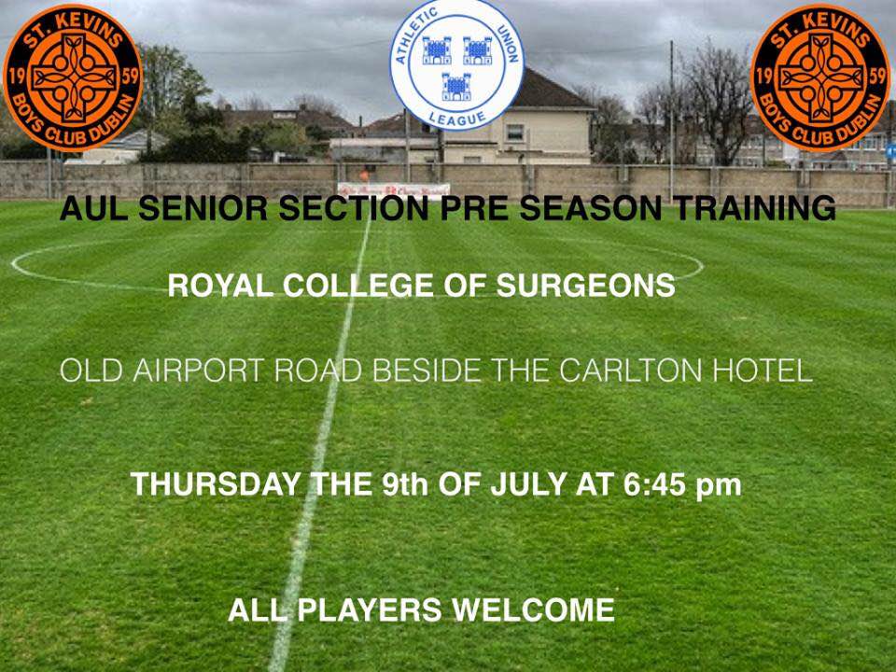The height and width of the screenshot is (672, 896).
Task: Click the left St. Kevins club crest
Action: [x=73, y=77]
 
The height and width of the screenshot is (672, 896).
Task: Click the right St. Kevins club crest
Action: [x=820, y=77]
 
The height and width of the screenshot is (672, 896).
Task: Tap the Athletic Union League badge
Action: [x=456, y=64]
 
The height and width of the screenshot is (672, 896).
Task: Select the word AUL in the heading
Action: [x=94, y=207]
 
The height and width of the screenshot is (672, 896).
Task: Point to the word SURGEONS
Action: [x=586, y=286]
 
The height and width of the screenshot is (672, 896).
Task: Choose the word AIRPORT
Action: [x=200, y=371]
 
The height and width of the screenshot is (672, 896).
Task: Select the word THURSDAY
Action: [x=216, y=484]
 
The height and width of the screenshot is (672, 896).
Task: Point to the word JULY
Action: [x=528, y=484]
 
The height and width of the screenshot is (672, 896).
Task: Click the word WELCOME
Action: [x=533, y=609]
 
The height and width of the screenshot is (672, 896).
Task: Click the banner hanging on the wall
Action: [x=393, y=190]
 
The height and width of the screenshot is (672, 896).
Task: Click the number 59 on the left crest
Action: [x=131, y=76]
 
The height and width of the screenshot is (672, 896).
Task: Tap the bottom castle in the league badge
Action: [x=456, y=87]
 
